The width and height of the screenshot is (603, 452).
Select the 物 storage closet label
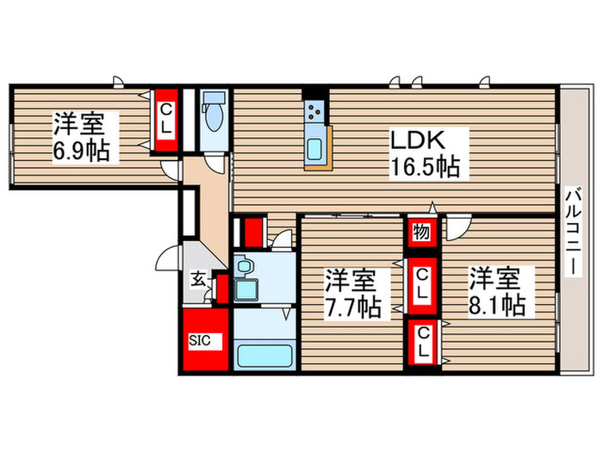coord(420,232)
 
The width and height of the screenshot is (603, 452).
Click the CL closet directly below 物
coord(421,284)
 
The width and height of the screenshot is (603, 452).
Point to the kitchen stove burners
coord(315,110)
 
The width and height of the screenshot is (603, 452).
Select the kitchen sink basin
coord(314,146)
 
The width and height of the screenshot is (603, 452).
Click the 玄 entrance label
coord(197,278)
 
